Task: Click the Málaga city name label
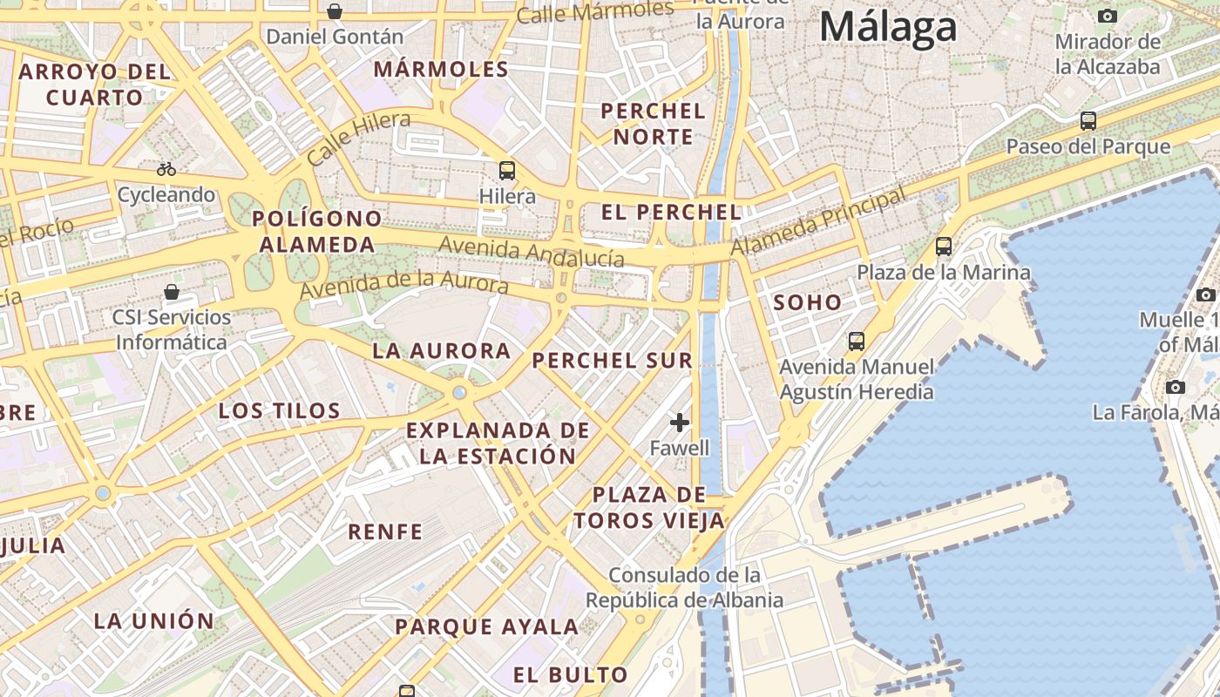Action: pos(888,27)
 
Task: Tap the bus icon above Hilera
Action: pos(507,170)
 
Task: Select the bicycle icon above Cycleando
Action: pos(166,168)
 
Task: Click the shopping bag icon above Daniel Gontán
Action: pos(335,11)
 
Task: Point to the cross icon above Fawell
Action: pos(680,423)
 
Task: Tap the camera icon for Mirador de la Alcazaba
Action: pos(1108,16)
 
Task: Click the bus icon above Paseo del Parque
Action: pos(1088,121)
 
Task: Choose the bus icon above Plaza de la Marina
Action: pos(944,247)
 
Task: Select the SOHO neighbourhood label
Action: pos(808,303)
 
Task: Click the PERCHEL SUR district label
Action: pos(613,360)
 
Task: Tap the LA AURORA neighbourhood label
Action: pos(441,351)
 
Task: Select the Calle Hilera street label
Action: pos(358,138)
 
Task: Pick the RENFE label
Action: pos(385,531)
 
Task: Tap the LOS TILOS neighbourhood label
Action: pos(279,411)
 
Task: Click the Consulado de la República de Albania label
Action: pos(684,588)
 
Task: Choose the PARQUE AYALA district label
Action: pos(486,626)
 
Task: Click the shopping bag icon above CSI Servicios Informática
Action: pos(172,291)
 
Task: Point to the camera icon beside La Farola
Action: pos(1176,387)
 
